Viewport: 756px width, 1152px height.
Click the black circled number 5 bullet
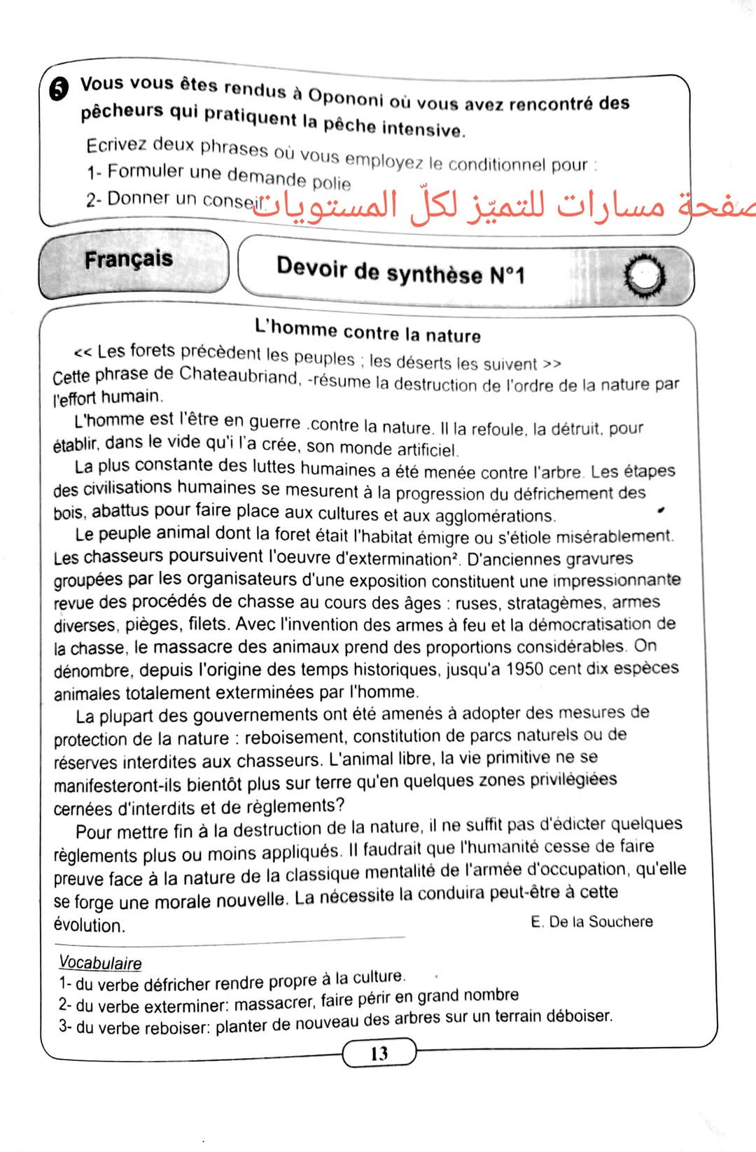59,89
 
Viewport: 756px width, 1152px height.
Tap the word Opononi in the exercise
346,97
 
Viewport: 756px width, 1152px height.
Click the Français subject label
129,259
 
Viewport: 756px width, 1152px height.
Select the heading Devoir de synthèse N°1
400,271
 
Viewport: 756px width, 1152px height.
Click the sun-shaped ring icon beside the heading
643,276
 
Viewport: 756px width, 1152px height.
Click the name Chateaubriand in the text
239,375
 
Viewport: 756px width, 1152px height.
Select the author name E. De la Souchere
591,922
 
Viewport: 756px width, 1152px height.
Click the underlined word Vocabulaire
100,963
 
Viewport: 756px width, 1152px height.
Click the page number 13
379,1053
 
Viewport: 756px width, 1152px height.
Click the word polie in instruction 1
331,183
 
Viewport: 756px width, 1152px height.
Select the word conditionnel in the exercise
496,164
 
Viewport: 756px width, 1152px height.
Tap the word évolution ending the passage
89,925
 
